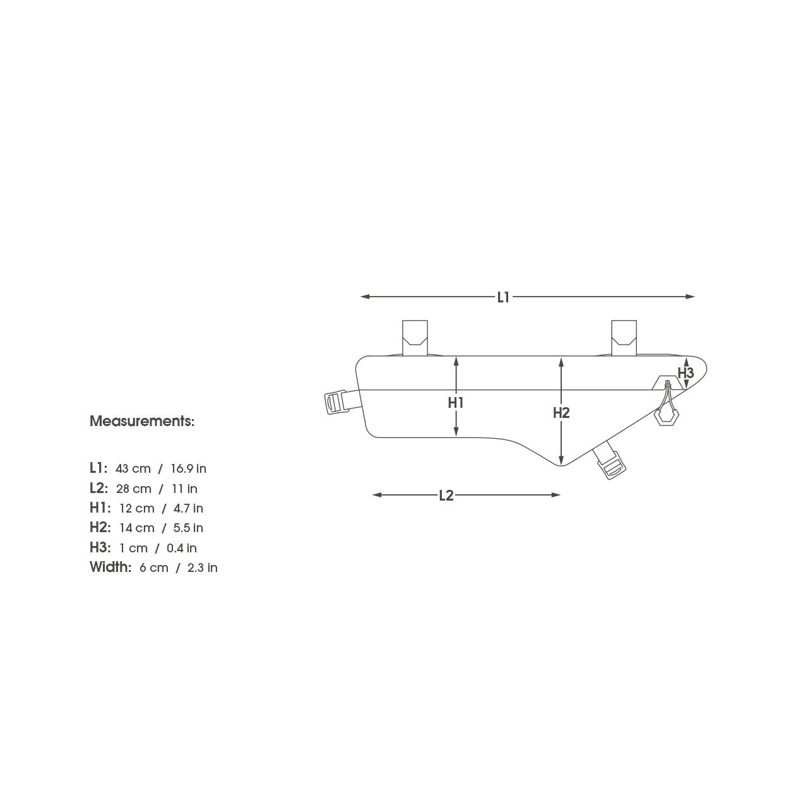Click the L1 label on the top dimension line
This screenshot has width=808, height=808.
(503, 297)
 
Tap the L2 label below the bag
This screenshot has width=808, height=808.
(446, 496)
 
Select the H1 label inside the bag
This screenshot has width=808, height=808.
(456, 403)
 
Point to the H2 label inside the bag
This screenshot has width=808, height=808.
(561, 413)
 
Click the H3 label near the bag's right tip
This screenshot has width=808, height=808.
(686, 372)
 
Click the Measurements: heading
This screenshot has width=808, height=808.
(142, 421)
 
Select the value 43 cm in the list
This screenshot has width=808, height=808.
(133, 468)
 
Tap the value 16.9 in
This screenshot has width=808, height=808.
(188, 468)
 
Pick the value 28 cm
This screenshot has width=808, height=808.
(134, 489)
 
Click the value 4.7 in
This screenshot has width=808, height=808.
(188, 508)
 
